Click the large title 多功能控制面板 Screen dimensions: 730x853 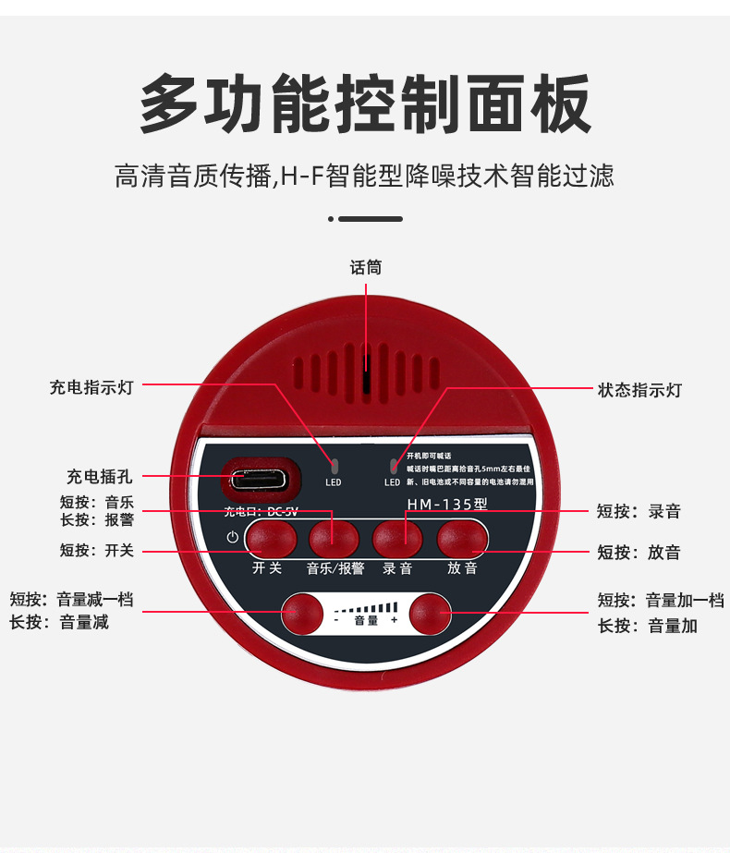(x=365, y=104)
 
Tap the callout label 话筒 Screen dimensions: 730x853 (x=366, y=268)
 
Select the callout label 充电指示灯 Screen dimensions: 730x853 (x=91, y=388)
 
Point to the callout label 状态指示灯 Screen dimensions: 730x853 (x=639, y=390)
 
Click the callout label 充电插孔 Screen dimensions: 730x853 (x=99, y=477)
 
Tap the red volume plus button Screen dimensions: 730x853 (x=430, y=611)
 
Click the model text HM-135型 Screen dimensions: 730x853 (x=447, y=505)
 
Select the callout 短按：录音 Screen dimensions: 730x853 (x=639, y=511)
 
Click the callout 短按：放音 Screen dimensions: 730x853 (x=639, y=553)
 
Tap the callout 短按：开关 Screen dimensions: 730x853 (x=97, y=551)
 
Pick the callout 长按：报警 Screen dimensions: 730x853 (x=97, y=520)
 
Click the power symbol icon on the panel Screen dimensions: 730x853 (x=232, y=537)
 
